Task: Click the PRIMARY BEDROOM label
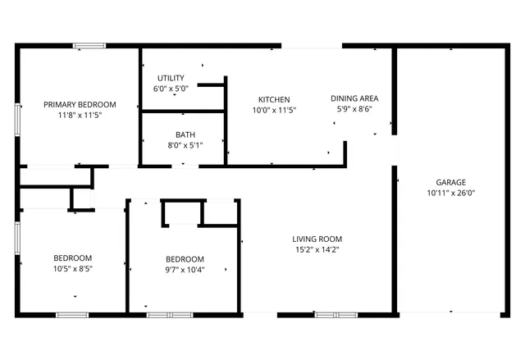pos(80,105)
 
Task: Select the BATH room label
pos(185,134)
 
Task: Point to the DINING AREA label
pos(354,98)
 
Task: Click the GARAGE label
pos(450,182)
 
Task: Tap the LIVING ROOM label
pos(318,239)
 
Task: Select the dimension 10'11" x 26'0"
pos(450,194)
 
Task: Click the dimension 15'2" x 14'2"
pos(318,250)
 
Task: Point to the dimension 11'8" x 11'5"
pos(80,116)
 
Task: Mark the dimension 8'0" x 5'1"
pos(185,146)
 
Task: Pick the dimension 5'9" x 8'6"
pos(354,108)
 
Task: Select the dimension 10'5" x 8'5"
pos(72,269)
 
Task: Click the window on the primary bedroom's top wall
pos(90,45)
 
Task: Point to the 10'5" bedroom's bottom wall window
pos(72,314)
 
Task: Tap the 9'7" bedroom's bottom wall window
pos(170,314)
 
